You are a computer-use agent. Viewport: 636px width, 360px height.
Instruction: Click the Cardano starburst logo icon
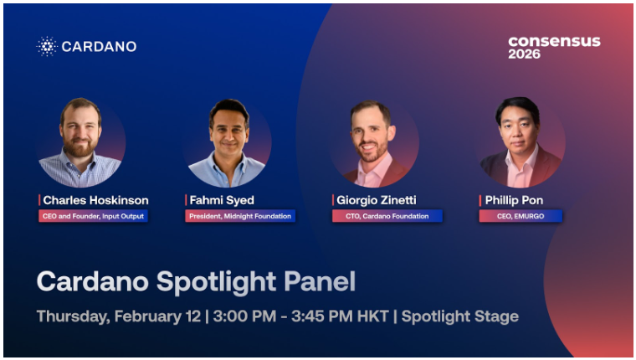47,46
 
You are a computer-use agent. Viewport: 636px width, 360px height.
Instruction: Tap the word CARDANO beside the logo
99,47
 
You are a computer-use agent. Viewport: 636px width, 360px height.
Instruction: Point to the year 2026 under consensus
525,54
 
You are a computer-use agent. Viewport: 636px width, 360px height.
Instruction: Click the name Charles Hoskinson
95,200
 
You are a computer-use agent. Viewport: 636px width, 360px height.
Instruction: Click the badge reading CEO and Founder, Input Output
94,216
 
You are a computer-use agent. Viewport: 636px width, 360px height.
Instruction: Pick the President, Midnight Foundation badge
240,216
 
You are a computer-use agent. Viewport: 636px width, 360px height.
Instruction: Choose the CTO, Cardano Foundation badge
387,216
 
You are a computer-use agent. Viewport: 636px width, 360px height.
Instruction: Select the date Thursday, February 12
119,316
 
